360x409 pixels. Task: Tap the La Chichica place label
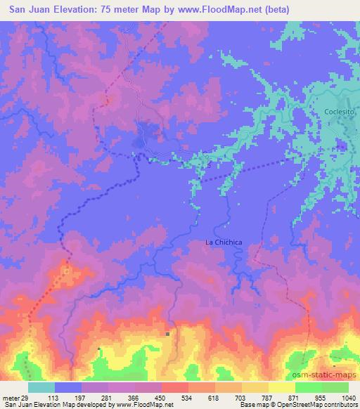coord(224,242)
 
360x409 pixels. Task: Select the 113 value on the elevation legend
coord(68,398)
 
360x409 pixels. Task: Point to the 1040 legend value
coord(348,398)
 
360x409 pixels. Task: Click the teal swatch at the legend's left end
coord(41,387)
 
